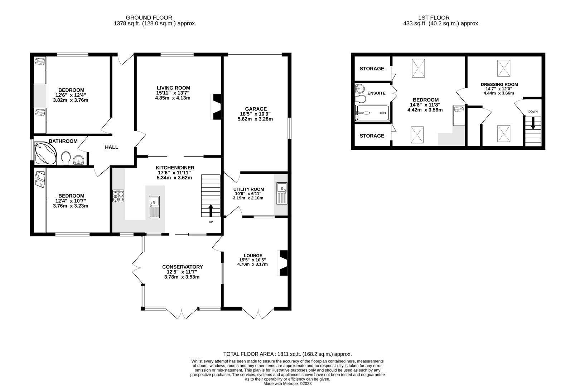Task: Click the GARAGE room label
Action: coord(256,109)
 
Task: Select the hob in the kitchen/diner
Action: coord(119,196)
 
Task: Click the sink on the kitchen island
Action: coord(154,207)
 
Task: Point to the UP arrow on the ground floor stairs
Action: coord(211,211)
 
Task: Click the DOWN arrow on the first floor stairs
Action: coord(533,123)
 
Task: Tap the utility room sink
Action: coord(282,193)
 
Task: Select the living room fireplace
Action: coord(216,107)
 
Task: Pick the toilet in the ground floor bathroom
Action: coord(66,158)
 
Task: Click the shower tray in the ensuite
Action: coord(372,113)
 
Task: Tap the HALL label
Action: coord(111,147)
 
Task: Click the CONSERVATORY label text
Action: coord(182,267)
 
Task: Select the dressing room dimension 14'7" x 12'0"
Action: coord(499,89)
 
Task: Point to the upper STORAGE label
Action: coord(372,69)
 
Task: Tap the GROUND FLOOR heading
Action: coord(149,18)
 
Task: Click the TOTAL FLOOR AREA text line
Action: coord(287,354)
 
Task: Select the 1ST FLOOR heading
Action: coord(434,18)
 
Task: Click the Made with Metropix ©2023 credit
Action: coord(287,383)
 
